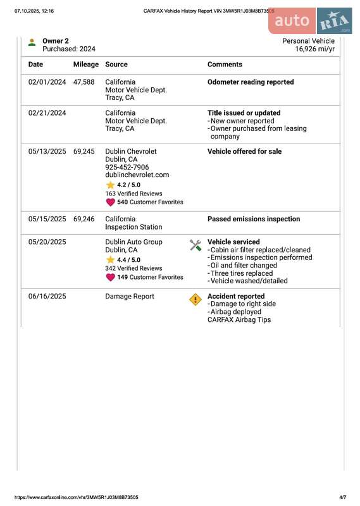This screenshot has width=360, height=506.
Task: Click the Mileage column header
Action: pyautogui.click(x=86, y=65)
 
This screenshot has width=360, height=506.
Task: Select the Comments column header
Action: pyautogui.click(x=225, y=65)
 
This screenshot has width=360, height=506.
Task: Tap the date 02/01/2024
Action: pyautogui.click(x=47, y=82)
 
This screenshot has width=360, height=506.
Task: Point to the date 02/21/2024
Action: pyautogui.click(x=47, y=113)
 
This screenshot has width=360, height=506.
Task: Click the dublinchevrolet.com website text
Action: pyautogui.click(x=137, y=175)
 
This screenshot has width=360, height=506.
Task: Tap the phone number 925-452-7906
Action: pyautogui.click(x=127, y=168)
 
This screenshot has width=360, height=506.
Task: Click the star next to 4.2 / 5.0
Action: pyautogui.click(x=110, y=185)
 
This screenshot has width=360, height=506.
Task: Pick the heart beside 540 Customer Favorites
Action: pyautogui.click(x=110, y=202)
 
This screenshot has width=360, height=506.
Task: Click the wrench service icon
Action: pyautogui.click(x=196, y=245)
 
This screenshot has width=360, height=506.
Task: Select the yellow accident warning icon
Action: pyautogui.click(x=196, y=299)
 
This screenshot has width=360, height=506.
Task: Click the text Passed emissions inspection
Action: pyautogui.click(x=254, y=219)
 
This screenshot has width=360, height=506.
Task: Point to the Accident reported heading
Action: pyautogui.click(x=236, y=296)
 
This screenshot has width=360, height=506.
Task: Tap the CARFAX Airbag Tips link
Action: pyautogui.click(x=239, y=320)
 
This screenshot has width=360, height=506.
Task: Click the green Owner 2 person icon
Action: pyautogui.click(x=32, y=42)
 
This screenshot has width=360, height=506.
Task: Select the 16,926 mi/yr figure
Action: pyautogui.click(x=314, y=49)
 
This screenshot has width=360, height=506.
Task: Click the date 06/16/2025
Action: pyautogui.click(x=47, y=296)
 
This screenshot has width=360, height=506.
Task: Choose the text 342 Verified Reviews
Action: pyautogui.click(x=133, y=269)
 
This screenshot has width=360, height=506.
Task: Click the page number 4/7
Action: pyautogui.click(x=342, y=498)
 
